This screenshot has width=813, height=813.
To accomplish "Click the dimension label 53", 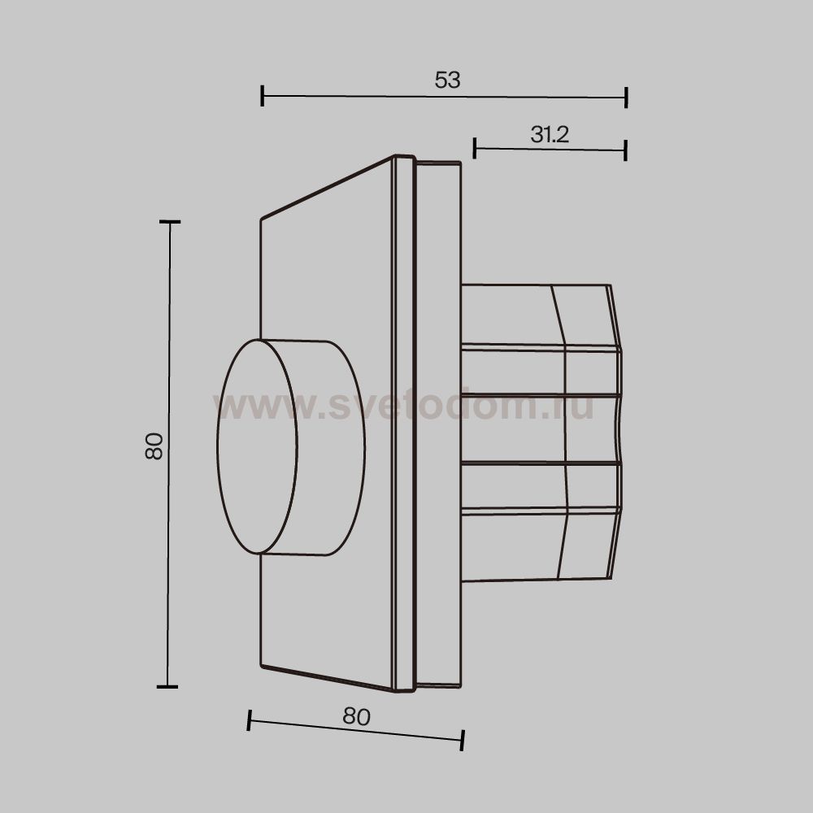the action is (x=447, y=80).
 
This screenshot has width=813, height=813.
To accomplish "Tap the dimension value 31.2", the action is (x=550, y=135).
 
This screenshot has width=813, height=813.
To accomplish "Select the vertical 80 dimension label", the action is (x=154, y=446).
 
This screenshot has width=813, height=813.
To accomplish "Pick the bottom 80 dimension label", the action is (x=357, y=716).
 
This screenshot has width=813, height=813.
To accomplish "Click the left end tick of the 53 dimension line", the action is (x=263, y=96).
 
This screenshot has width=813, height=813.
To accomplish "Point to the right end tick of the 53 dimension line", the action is (x=626, y=98).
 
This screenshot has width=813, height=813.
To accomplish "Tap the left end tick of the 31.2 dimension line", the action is (x=475, y=148).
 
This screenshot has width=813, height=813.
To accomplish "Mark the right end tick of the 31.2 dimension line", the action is (x=626, y=150).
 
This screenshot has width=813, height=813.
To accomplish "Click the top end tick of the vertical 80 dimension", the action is (x=170, y=222).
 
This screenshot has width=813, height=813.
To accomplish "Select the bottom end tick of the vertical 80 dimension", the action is (x=167, y=686).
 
